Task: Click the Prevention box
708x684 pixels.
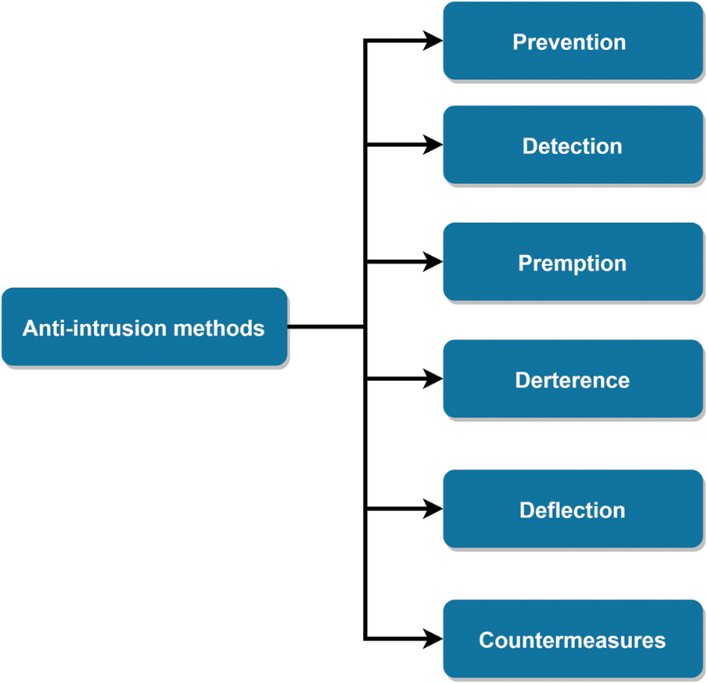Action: pos(573,41)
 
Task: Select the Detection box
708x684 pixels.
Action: pos(573,146)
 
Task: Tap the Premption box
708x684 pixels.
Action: pos(573,263)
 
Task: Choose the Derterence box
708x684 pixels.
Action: pos(573,380)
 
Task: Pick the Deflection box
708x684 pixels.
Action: pos(573,509)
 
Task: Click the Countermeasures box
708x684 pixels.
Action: pos(573,639)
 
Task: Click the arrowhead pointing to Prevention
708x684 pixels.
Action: pos(433,41)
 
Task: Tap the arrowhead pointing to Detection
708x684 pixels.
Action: pos(433,145)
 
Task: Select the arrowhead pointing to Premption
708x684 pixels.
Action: pos(433,262)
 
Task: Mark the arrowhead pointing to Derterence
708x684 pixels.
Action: pos(433,379)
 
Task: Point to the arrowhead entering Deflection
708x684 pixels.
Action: pos(433,509)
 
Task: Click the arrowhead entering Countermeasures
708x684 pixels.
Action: pos(433,639)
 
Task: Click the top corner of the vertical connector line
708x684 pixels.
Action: pos(366,41)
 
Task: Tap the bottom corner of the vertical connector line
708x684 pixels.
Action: pos(366,639)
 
